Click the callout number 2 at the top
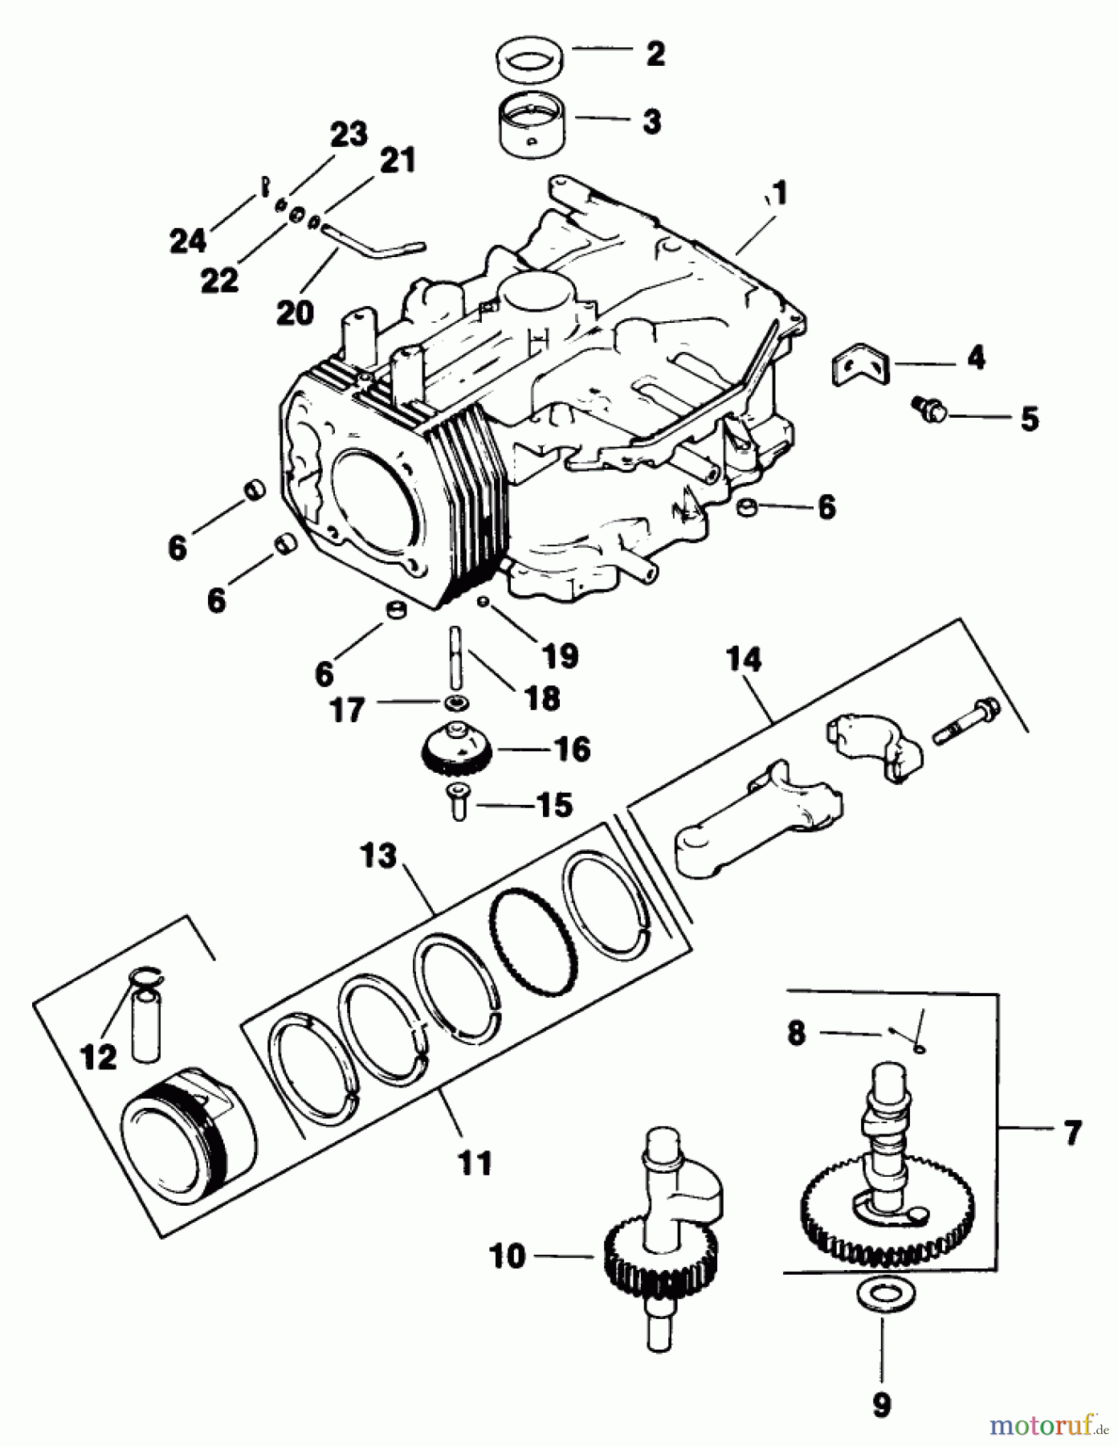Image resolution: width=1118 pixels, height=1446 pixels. tap(655, 54)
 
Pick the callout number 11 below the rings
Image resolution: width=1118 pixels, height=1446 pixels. tap(474, 1162)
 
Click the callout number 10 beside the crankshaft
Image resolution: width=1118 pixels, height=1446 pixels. tap(508, 1256)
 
